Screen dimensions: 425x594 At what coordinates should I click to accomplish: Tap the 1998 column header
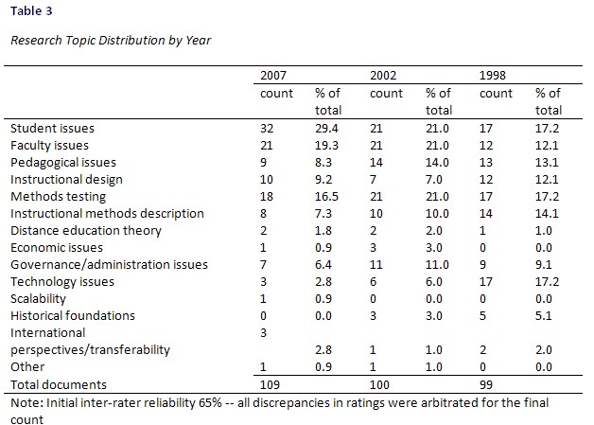(x=496, y=75)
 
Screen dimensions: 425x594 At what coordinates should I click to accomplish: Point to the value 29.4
(x=326, y=128)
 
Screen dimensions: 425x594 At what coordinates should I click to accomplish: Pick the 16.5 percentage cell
(x=326, y=196)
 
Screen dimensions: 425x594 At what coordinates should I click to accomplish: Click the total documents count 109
(x=272, y=384)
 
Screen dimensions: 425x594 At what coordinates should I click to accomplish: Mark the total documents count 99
(x=489, y=384)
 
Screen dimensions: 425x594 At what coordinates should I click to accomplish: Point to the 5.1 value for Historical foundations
(x=545, y=315)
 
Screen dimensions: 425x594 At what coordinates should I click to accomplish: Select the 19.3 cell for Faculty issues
(x=326, y=145)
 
